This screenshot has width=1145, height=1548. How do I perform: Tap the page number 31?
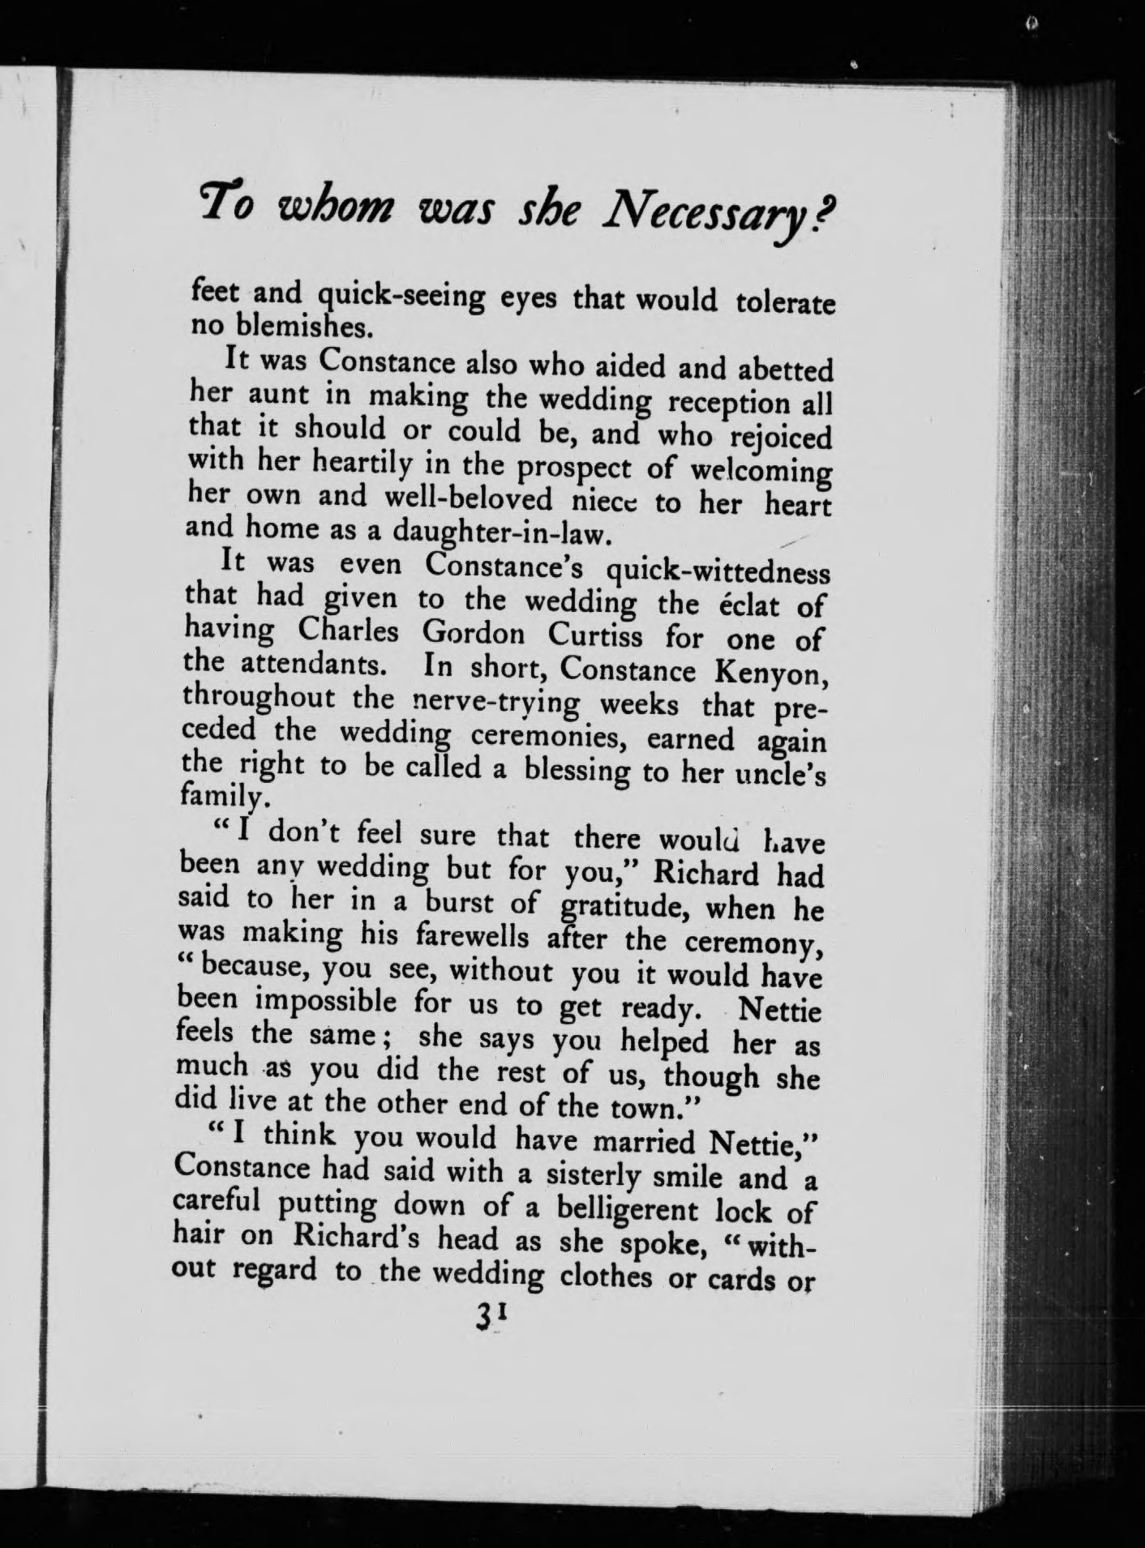pyautogui.click(x=493, y=1319)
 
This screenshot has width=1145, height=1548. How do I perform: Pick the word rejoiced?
pyautogui.click(x=781, y=437)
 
